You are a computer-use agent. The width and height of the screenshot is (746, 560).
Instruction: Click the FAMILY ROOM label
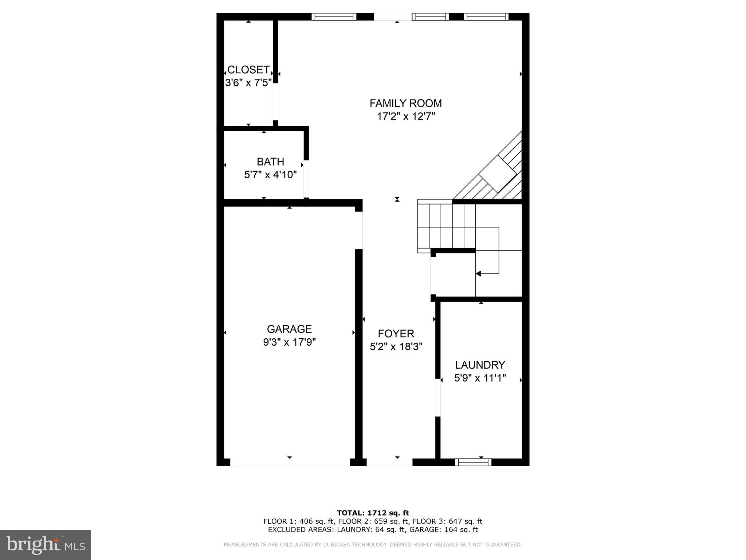pos(405,104)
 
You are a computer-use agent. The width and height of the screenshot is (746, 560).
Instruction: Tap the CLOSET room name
pos(248,70)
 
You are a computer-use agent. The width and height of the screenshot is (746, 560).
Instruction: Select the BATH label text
pos(270,162)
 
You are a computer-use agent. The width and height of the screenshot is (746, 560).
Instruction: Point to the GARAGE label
pos(289,329)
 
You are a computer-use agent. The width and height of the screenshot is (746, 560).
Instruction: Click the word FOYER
pos(396,334)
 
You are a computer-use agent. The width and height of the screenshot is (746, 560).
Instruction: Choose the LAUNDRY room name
pos(480,365)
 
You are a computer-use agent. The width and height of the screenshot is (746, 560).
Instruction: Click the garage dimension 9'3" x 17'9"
pos(289,342)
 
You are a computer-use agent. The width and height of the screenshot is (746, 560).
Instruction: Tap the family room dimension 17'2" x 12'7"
pos(406,117)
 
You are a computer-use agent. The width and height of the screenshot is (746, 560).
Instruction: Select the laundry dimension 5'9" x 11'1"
pos(480,378)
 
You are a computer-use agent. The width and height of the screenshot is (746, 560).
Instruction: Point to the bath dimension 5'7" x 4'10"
pos(270,175)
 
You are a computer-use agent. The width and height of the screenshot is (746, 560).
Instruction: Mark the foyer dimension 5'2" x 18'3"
pos(396,347)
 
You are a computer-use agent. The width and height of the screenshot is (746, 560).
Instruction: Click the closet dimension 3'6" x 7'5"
pos(248,83)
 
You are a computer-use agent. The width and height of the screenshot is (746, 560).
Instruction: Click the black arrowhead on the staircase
pos(478,273)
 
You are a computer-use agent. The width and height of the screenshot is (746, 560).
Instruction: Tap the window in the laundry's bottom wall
pos(473,462)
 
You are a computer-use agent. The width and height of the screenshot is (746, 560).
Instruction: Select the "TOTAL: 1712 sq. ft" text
pos(373,513)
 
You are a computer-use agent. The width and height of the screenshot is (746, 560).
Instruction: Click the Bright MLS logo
pos(46,545)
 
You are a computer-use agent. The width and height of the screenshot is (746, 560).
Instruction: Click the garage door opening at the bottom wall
pos(290,462)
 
